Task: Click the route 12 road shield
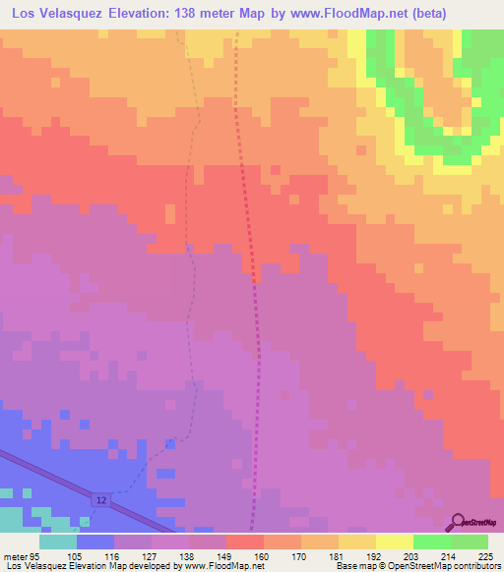coord(102,501)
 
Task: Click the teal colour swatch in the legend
coord(57,542)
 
